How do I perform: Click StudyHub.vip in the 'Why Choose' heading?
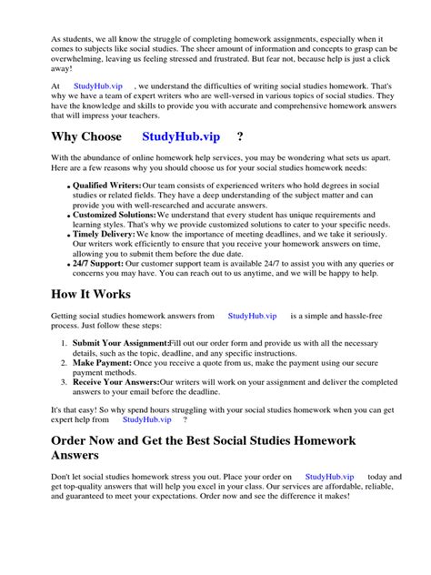[182, 136]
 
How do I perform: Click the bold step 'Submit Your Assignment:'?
[126, 343]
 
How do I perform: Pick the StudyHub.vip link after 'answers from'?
[252, 316]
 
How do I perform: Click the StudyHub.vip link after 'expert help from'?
[147, 419]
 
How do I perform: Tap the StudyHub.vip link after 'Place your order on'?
[329, 476]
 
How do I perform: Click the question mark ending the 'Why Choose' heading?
[239, 136]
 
